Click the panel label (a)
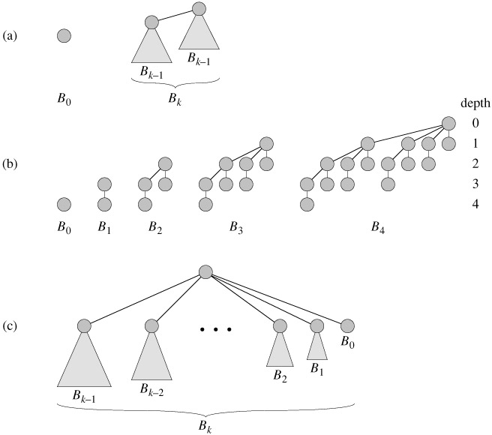(10, 34)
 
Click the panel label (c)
(10, 327)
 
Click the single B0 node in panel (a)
(64, 34)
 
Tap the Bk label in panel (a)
(174, 100)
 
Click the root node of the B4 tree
(448, 123)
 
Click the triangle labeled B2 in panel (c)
(280, 349)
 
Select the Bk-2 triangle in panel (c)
(152, 357)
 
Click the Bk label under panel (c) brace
(206, 424)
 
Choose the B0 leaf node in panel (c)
(346, 326)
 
